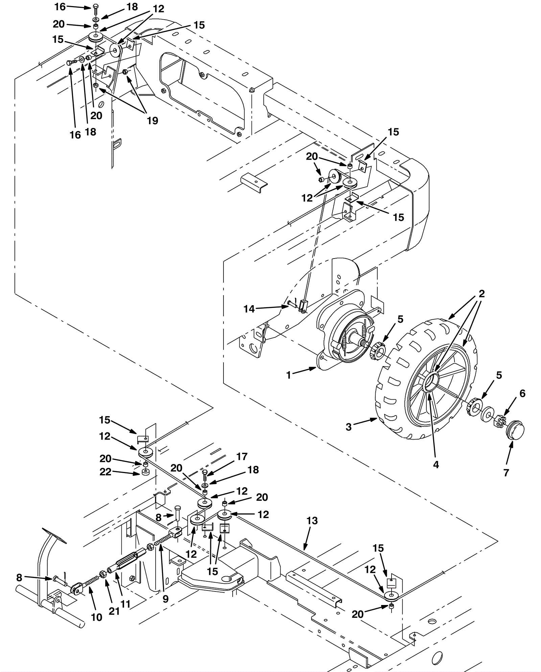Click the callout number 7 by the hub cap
point(506,473)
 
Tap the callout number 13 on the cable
point(312,521)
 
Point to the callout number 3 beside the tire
point(349,427)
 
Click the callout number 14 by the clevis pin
point(249,309)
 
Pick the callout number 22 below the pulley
point(105,472)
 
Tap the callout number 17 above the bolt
point(242,456)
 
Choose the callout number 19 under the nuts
point(152,121)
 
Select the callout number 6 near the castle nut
point(522,393)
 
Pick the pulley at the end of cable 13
point(392,594)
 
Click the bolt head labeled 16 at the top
point(96,6)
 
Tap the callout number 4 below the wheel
point(436,465)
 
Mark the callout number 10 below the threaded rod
point(97,617)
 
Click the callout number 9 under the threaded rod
point(165,599)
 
